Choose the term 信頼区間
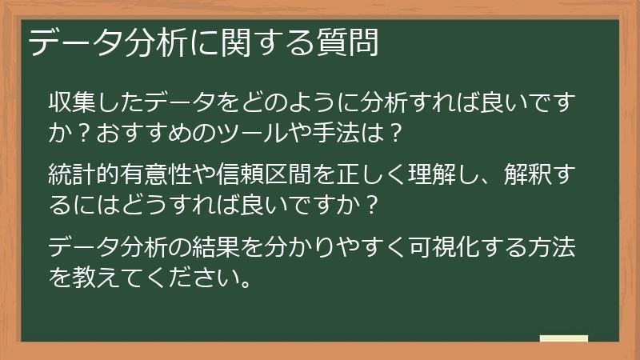click(274, 174)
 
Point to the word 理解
click(448, 174)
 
